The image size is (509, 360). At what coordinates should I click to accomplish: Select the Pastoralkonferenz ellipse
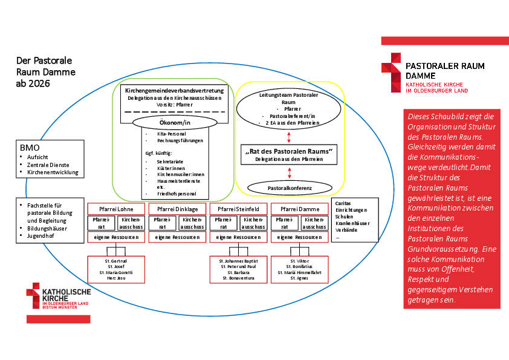pos(290,188)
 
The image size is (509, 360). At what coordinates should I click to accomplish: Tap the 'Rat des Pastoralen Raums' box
pos(290,154)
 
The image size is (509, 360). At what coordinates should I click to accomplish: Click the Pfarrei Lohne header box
pos(117,209)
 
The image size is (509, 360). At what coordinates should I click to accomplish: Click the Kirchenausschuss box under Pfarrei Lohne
pos(131,223)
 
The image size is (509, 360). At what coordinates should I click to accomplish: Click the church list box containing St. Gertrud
pos(117,269)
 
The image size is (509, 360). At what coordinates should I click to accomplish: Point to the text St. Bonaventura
pos(238,278)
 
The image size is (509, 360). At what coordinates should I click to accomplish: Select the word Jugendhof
pos(40,236)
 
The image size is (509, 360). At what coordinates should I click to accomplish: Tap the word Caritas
pos(343,204)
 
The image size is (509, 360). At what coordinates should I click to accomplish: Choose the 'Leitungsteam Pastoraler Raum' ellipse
pos(289,109)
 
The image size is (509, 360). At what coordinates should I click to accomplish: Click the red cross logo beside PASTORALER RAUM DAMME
pos(391,71)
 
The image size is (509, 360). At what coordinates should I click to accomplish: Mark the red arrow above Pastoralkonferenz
pos(290,173)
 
